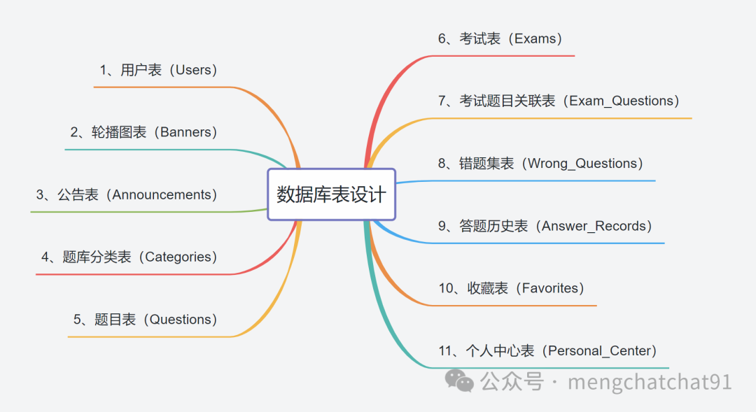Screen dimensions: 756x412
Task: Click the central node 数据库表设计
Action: pos(331,194)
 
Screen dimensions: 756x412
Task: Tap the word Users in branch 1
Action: pos(196,70)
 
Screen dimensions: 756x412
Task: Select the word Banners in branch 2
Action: pos(185,132)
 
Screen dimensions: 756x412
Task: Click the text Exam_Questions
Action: pos(619,101)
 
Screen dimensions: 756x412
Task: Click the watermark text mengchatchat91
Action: pos(650,382)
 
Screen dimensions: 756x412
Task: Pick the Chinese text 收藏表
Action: pos(488,287)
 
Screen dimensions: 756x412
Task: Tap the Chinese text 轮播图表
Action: pos(118,132)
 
